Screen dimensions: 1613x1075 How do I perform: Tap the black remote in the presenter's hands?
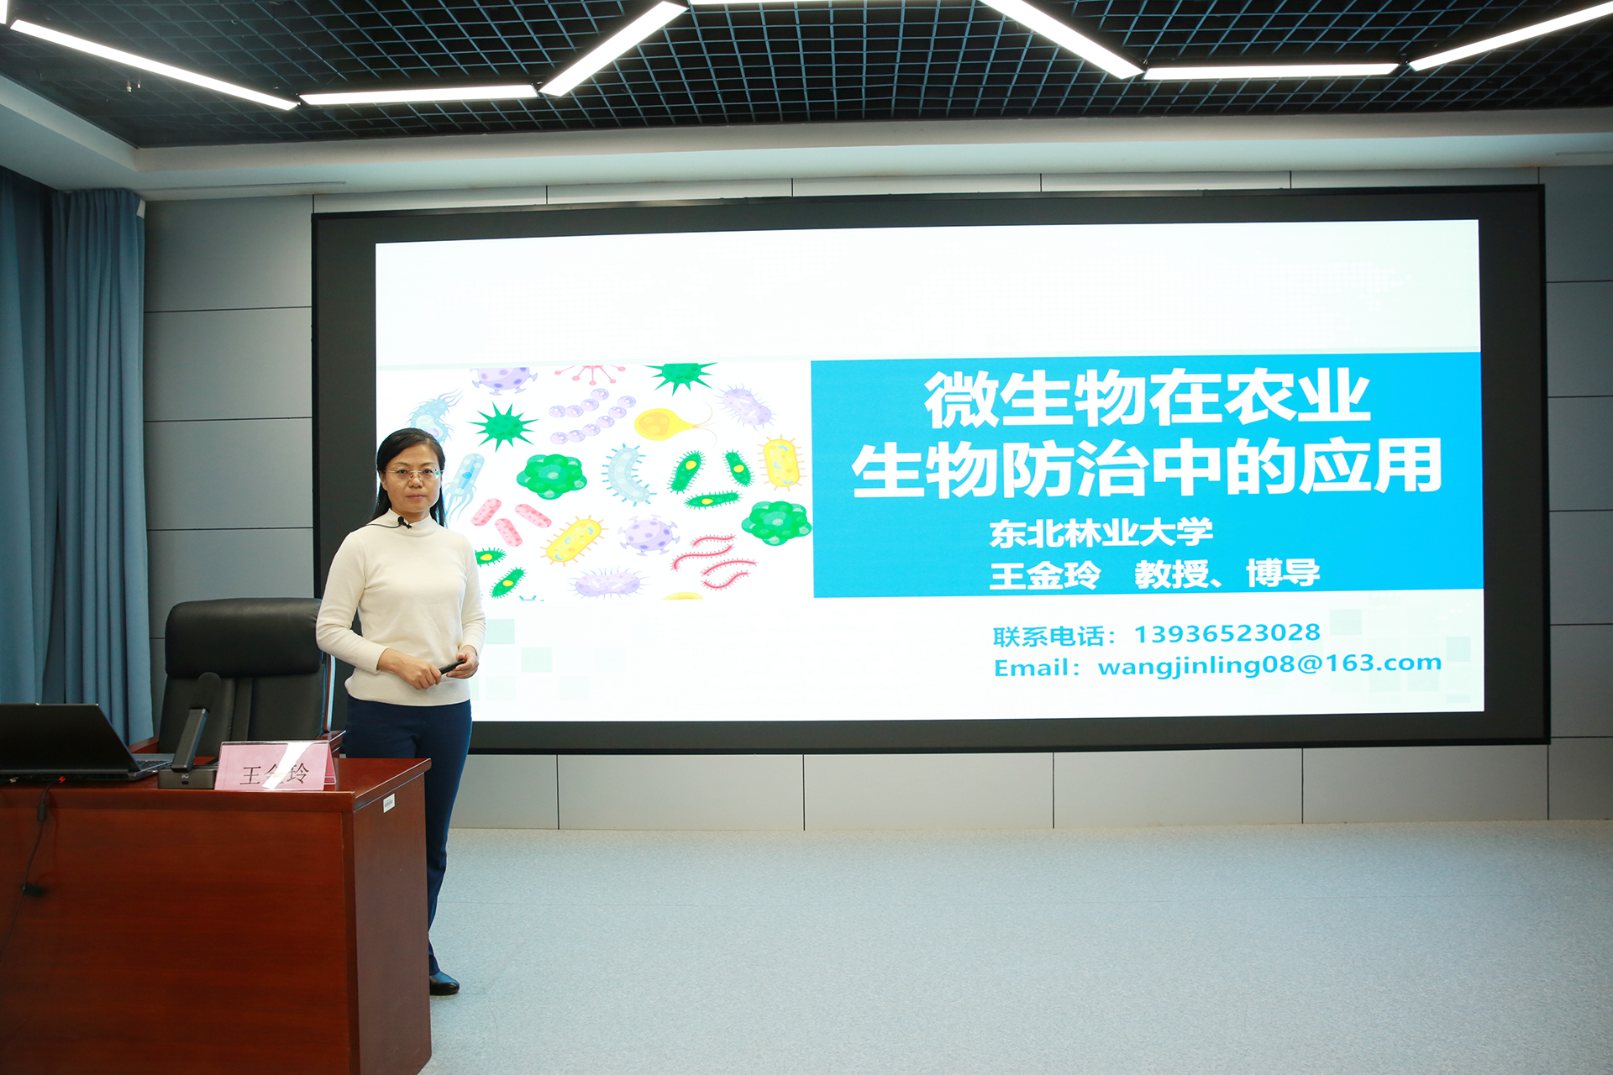[x=451, y=668]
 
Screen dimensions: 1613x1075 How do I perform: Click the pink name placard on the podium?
[x=276, y=766]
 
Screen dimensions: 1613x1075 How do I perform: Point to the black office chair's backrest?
[x=244, y=638]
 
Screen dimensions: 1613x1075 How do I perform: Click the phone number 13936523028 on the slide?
[x=1227, y=633]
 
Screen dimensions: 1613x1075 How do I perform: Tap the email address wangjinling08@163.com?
[x=1269, y=664]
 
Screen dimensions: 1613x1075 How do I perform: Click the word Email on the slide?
[x=1026, y=668]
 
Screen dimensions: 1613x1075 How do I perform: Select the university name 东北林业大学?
[x=1101, y=532]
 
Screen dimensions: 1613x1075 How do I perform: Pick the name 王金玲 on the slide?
[x=1044, y=575]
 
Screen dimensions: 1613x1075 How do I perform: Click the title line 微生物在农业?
[x=1147, y=397]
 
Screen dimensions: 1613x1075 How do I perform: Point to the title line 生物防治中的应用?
[x=1147, y=467]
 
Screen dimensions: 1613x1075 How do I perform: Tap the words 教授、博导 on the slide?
[x=1227, y=574]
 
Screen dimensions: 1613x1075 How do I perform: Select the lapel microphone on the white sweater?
[x=404, y=523]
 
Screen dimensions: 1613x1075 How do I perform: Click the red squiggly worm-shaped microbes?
[x=713, y=560]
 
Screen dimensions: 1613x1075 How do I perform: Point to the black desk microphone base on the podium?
[x=187, y=777]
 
